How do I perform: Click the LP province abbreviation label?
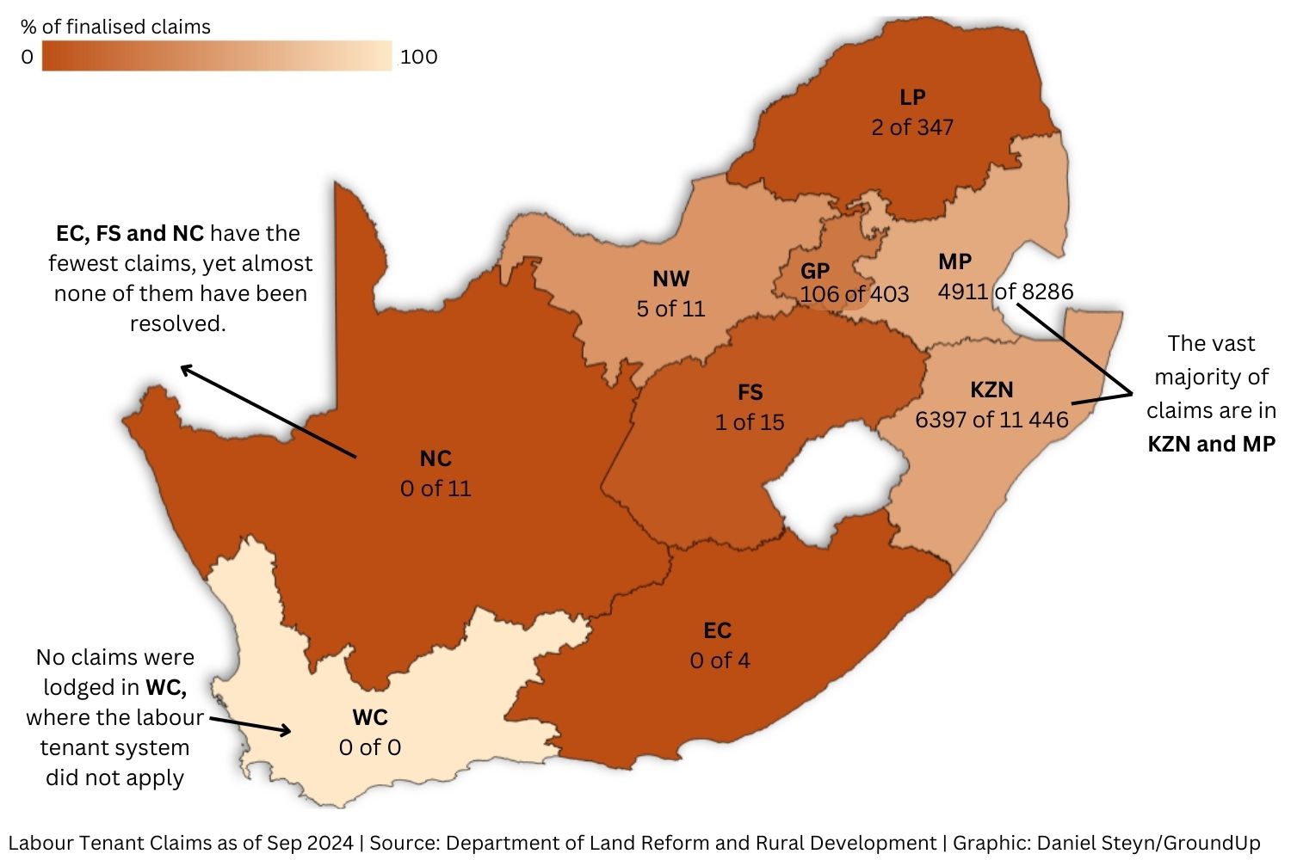911,97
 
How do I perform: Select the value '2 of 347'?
911,127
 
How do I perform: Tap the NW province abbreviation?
670,279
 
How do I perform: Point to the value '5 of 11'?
670,309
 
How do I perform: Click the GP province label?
814,272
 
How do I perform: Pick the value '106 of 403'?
854,294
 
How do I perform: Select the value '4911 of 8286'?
1005,292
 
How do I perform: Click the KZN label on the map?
991,390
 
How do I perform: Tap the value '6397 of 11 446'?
991,420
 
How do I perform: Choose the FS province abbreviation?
750,392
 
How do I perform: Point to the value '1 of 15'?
750,422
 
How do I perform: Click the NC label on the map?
435,458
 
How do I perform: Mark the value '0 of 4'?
720,660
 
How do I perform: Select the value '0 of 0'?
370,747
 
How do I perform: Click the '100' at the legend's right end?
419,57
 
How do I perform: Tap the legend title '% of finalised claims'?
115,27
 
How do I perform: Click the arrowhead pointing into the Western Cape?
285,732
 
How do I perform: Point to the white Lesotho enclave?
835,482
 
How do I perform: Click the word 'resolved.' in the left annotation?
178,323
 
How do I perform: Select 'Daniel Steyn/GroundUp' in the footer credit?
1148,843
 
